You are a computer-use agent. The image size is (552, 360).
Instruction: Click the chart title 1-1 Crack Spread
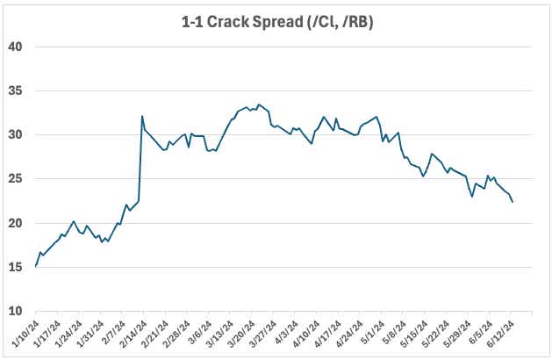pyautogui.click(x=276, y=18)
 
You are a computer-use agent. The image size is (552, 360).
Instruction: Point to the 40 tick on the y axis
pyautogui.click(x=16, y=47)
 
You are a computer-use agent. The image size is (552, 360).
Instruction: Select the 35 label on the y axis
pyautogui.click(x=16, y=90)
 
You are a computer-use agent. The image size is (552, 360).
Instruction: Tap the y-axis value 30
pyautogui.click(x=16, y=134)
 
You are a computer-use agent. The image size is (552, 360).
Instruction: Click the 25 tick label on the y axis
pyautogui.click(x=16, y=179)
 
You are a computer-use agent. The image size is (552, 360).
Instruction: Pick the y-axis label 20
pyautogui.click(x=16, y=223)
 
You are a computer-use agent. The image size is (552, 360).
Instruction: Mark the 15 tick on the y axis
pyautogui.click(x=16, y=267)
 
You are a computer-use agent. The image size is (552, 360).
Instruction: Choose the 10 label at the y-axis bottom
pyautogui.click(x=16, y=312)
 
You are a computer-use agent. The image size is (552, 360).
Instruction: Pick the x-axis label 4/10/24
pyautogui.click(x=305, y=333)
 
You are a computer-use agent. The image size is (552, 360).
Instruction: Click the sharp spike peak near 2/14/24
pyautogui.click(x=142, y=116)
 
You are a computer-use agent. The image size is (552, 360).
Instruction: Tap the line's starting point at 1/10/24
pyautogui.click(x=36, y=265)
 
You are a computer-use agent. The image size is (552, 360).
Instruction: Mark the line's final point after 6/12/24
pyautogui.click(x=513, y=202)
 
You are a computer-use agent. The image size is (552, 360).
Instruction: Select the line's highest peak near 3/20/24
pyautogui.click(x=257, y=104)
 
